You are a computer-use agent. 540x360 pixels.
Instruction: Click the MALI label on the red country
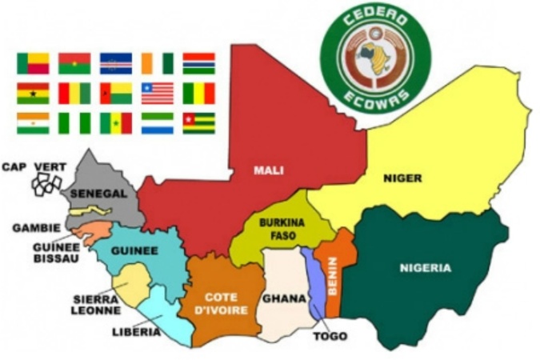tap(269, 170)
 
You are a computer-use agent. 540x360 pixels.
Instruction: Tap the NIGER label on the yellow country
tap(402, 178)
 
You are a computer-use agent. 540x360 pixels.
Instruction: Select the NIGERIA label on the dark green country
tap(425, 268)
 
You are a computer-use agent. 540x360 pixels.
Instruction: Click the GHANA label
tap(284, 298)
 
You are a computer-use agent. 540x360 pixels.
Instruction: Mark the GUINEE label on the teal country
tap(134, 250)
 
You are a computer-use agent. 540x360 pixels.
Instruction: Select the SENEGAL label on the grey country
tap(98, 194)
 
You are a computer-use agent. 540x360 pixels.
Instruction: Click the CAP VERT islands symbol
tap(46, 184)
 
